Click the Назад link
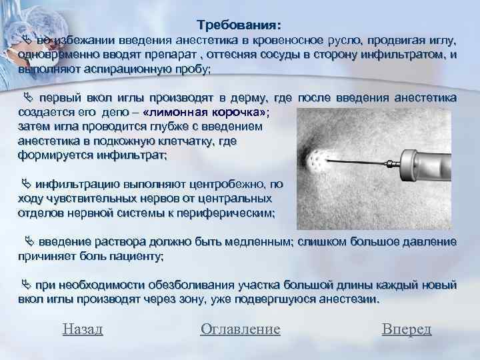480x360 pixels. coord(82,329)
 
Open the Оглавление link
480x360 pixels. coord(240,329)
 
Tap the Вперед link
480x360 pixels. coord(407,329)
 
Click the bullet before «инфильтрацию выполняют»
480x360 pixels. coord(26,184)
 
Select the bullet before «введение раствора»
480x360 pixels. coord(29,241)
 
